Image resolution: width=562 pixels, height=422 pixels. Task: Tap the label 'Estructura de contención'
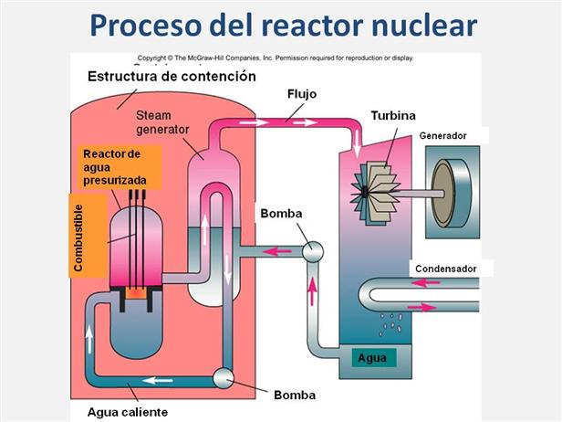click(x=172, y=77)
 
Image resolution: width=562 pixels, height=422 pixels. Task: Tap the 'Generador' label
click(x=443, y=136)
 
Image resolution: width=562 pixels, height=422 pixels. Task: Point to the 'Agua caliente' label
click(x=128, y=411)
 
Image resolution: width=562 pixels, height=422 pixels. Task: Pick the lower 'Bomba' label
click(x=294, y=396)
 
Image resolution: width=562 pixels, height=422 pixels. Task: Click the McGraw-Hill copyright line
click(x=274, y=57)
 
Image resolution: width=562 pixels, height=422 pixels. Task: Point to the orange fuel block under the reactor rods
click(x=133, y=294)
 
